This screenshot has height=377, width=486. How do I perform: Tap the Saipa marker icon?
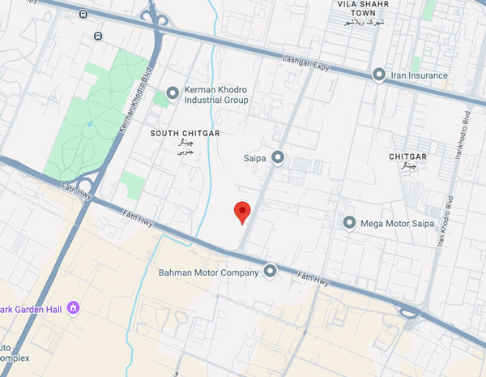(x=278, y=156)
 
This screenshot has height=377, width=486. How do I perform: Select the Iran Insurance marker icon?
(x=378, y=75)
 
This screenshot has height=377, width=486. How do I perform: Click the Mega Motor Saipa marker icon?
(x=350, y=222)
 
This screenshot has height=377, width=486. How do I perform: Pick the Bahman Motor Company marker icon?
(x=271, y=272)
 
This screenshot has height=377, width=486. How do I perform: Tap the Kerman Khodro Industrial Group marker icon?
(x=172, y=94)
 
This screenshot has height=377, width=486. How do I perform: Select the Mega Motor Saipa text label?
(x=398, y=223)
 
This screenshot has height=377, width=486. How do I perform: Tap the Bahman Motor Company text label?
(x=209, y=272)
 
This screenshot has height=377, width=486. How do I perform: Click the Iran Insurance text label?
(x=419, y=75)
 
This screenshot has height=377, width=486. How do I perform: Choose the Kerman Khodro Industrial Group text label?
(x=217, y=94)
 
